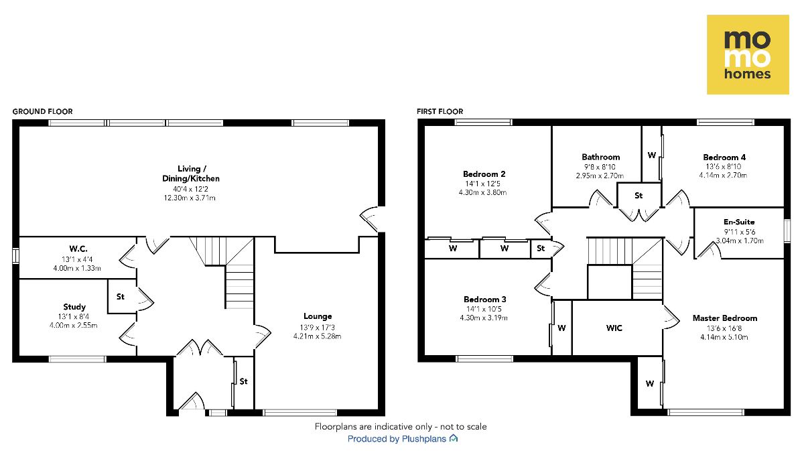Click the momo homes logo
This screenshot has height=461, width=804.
[748, 55]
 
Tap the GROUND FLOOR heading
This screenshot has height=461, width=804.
[42, 111]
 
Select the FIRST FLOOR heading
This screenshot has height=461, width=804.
[440, 111]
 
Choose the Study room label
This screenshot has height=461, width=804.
[74, 307]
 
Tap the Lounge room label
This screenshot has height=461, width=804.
[317, 316]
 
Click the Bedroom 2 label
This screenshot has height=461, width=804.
[484, 174]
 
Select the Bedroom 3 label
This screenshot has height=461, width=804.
[484, 299]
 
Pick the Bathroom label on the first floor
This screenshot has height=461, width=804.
[600, 157]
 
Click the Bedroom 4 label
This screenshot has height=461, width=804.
[724, 157]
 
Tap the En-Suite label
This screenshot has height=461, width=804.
[739, 221]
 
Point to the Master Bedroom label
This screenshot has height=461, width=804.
[724, 318]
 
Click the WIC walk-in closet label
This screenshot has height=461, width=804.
[614, 328]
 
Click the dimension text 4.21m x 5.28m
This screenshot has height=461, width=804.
[317, 336]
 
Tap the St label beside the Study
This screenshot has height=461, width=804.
[121, 295]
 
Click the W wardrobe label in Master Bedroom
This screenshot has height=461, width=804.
[649, 384]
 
